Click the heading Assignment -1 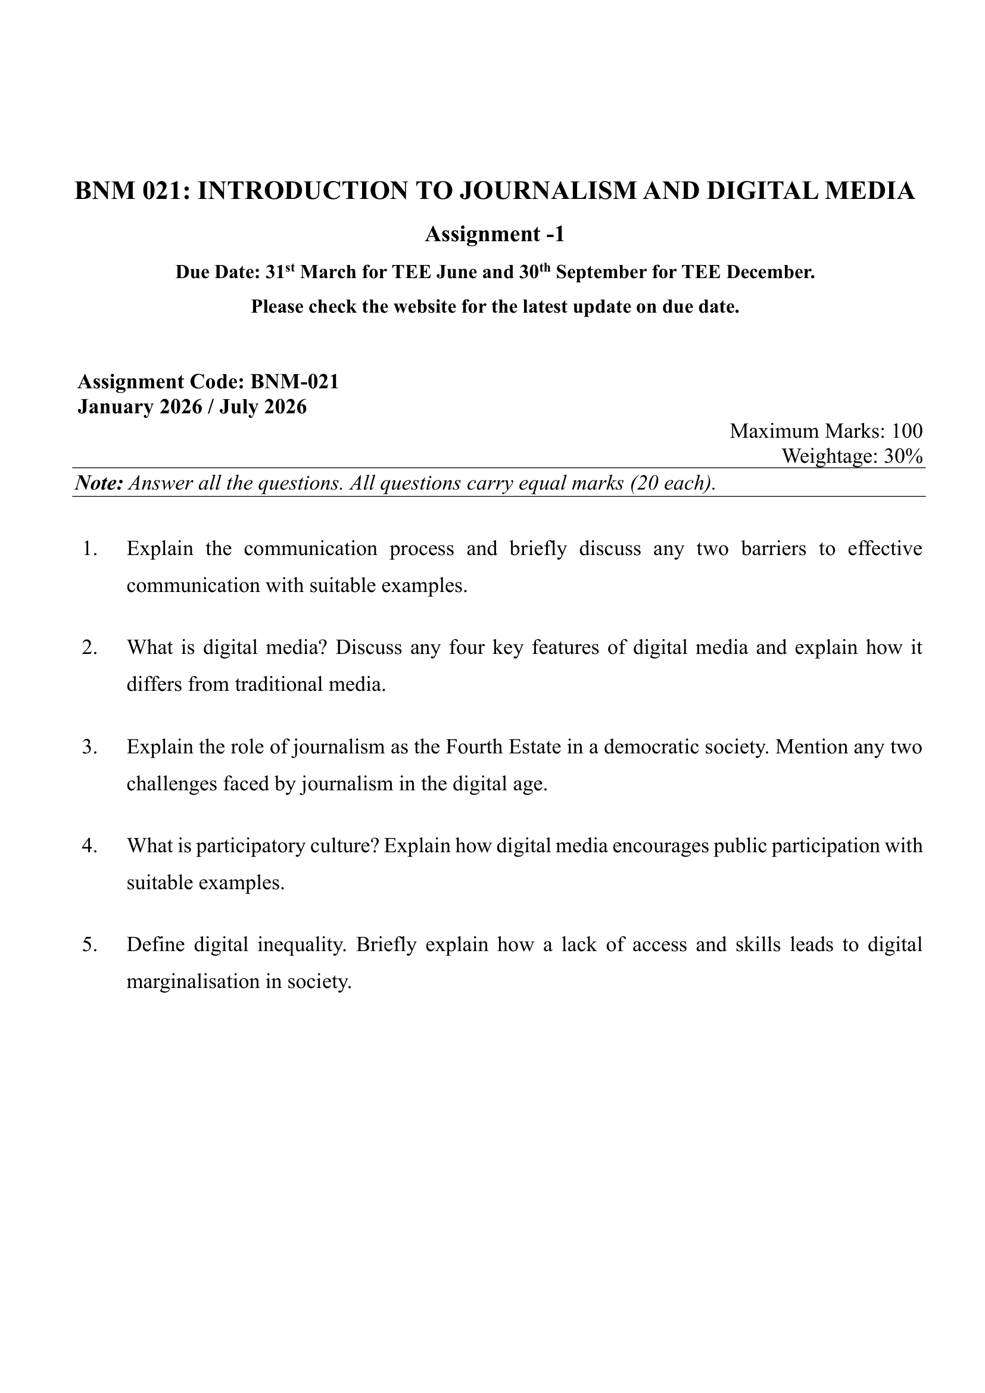point(494,233)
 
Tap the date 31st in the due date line point(281,272)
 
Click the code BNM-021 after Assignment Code point(294,382)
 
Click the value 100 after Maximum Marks point(907,431)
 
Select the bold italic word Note point(99,484)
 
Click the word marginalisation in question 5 point(193,982)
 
